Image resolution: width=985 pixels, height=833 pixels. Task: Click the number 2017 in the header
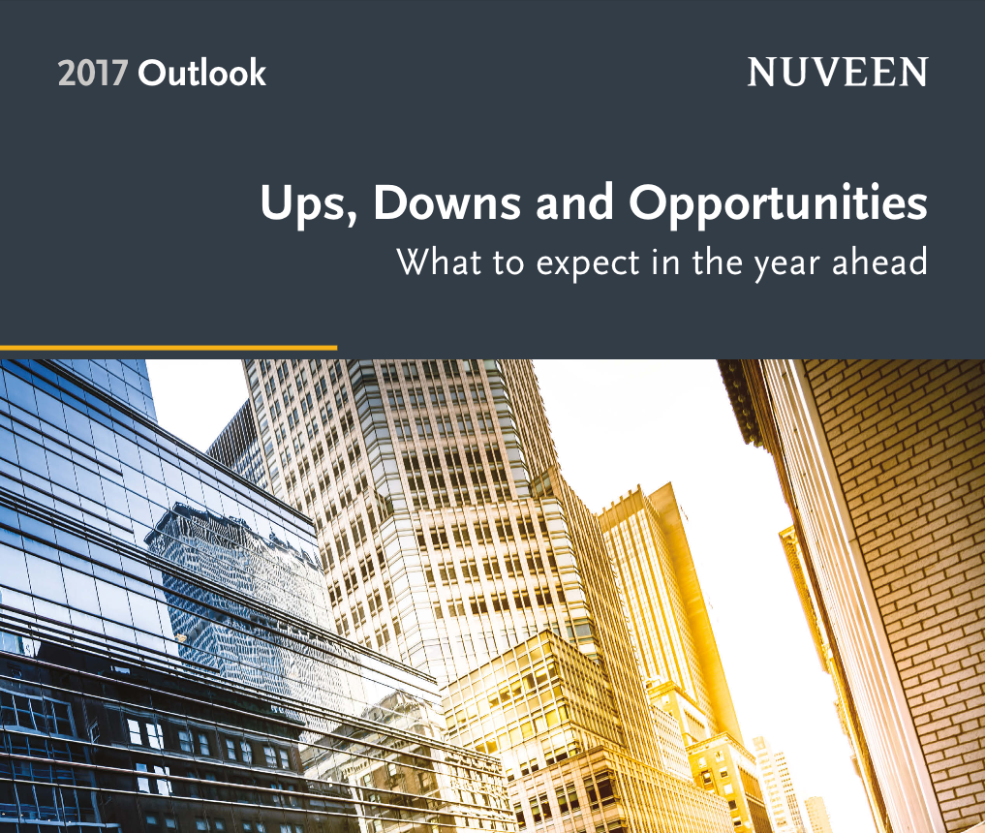[x=93, y=73]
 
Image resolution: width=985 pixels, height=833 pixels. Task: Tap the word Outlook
[x=201, y=73]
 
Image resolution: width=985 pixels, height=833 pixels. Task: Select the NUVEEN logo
[x=838, y=72]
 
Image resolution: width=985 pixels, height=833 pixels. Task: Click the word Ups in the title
[x=305, y=204]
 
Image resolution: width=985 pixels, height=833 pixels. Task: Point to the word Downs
[x=446, y=202]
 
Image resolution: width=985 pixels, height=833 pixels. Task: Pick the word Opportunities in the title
[x=778, y=204]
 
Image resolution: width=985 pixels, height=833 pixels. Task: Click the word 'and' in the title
[x=574, y=202]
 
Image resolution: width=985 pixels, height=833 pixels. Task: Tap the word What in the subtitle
[x=439, y=262]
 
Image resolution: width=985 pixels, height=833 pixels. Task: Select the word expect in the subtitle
[x=588, y=263]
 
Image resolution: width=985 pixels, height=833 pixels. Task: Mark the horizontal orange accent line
[x=169, y=348]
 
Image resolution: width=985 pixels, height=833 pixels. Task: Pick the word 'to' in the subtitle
[x=508, y=263]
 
